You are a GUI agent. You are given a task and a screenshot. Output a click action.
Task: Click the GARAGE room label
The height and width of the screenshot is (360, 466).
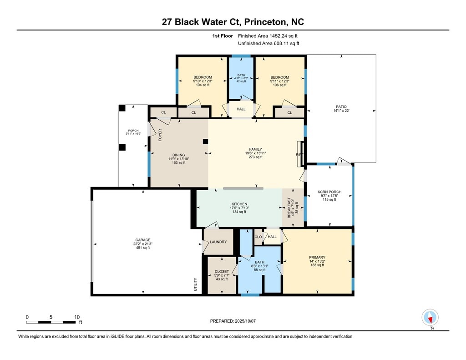(143, 240)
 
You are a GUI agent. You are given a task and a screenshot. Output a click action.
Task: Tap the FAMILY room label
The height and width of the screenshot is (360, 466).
(256, 149)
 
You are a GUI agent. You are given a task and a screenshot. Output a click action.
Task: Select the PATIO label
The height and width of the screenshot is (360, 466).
(341, 106)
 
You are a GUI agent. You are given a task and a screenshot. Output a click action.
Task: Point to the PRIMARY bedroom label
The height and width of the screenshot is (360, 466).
(317, 258)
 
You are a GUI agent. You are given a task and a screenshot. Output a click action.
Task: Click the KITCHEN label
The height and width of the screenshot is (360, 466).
(239, 204)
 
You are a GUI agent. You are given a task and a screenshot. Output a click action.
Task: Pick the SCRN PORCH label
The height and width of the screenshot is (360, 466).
(329, 192)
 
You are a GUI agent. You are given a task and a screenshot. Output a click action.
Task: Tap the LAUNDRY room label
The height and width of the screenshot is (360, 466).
(218, 242)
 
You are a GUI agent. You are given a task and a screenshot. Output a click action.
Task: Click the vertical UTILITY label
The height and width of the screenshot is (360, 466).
(196, 284)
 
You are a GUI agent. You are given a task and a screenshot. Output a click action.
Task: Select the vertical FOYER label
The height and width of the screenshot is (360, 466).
(160, 135)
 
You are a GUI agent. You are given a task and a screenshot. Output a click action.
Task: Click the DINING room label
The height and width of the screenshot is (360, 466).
(178, 155)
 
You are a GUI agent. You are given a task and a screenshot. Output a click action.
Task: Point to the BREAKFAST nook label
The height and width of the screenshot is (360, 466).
(289, 208)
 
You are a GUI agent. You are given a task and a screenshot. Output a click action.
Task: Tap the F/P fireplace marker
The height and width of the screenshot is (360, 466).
(299, 155)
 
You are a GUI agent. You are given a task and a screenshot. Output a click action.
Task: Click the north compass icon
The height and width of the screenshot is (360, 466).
(430, 318)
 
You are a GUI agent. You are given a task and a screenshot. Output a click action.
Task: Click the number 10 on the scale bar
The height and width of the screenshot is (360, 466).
(77, 317)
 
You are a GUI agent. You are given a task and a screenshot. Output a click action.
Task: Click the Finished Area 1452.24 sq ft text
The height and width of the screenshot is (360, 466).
(268, 36)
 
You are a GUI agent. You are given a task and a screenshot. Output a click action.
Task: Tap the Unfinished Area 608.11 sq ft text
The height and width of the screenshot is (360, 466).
(268, 43)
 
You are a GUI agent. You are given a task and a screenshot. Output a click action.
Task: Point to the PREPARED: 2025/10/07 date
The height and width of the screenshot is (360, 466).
(233, 321)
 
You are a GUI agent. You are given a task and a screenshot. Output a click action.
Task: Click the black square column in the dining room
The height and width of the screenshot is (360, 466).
(205, 142)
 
